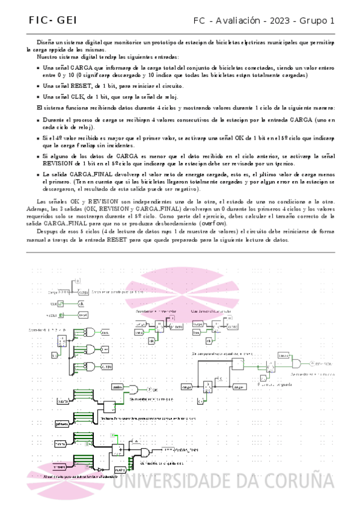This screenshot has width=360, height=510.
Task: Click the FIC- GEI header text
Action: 49,21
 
